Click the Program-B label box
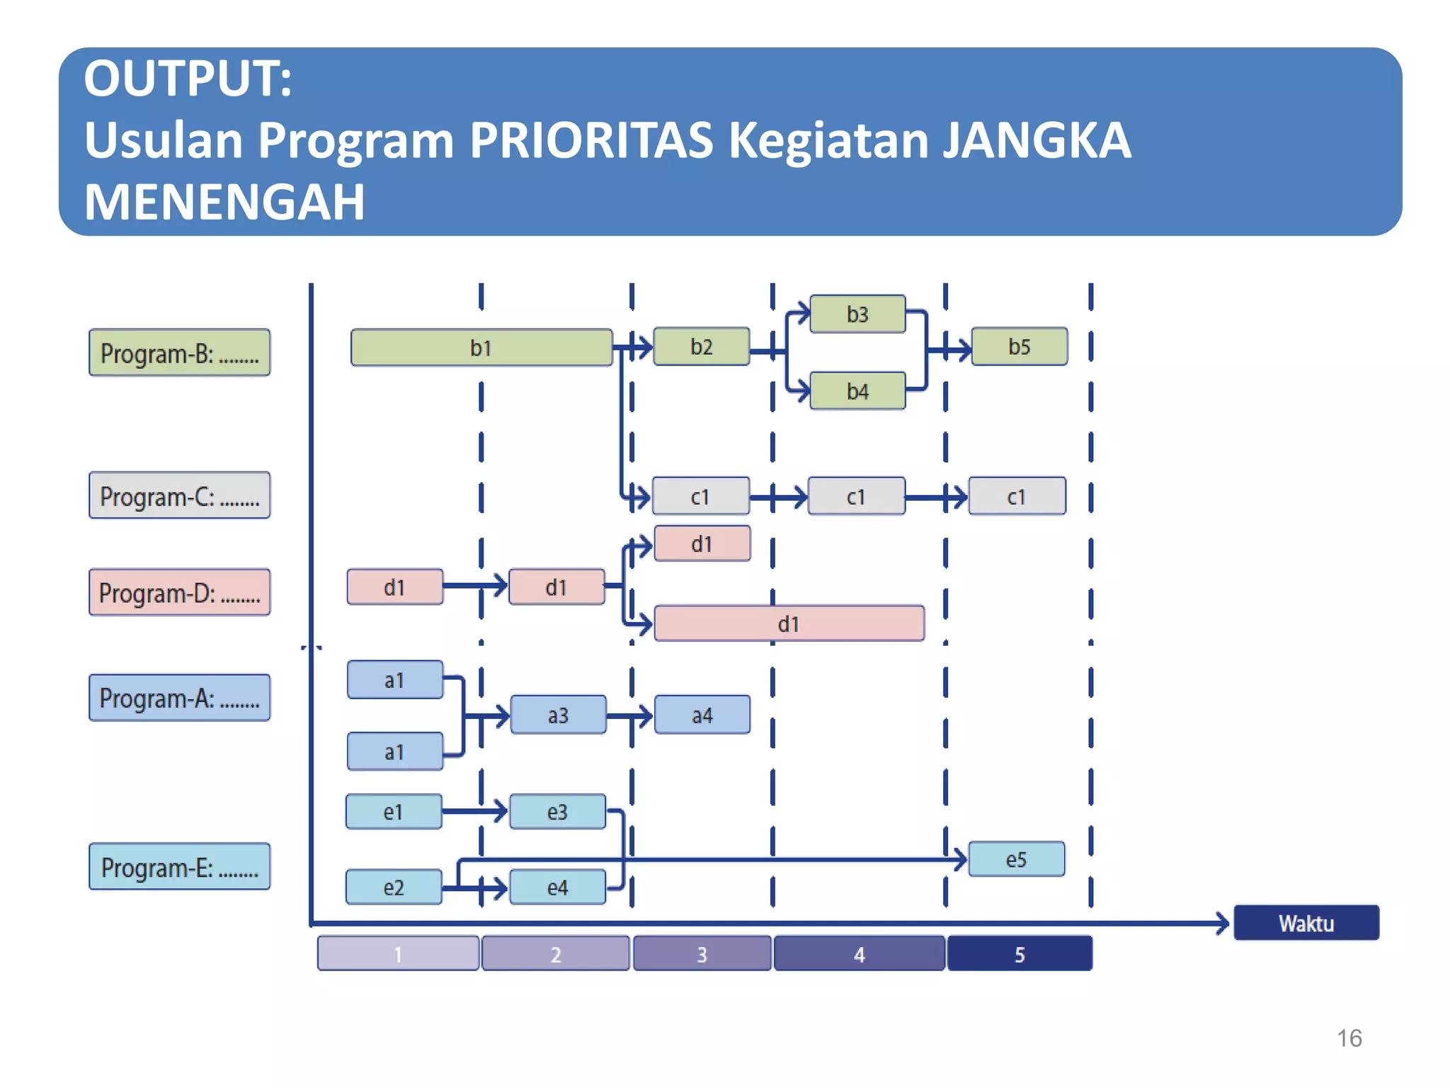click(179, 352)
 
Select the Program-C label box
click(179, 495)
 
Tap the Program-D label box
click(179, 592)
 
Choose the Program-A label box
click(179, 698)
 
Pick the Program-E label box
click(179, 866)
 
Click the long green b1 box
click(481, 347)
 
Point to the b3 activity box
click(857, 314)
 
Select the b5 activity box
click(1019, 346)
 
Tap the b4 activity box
click(857, 391)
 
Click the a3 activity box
click(558, 715)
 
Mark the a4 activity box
click(702, 715)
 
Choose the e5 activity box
click(1016, 859)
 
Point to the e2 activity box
click(394, 887)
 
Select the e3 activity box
click(557, 812)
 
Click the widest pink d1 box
click(789, 623)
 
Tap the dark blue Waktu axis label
click(1306, 923)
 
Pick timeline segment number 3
click(702, 953)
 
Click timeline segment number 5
click(1020, 953)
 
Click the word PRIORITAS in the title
click(591, 140)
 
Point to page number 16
click(1349, 1038)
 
